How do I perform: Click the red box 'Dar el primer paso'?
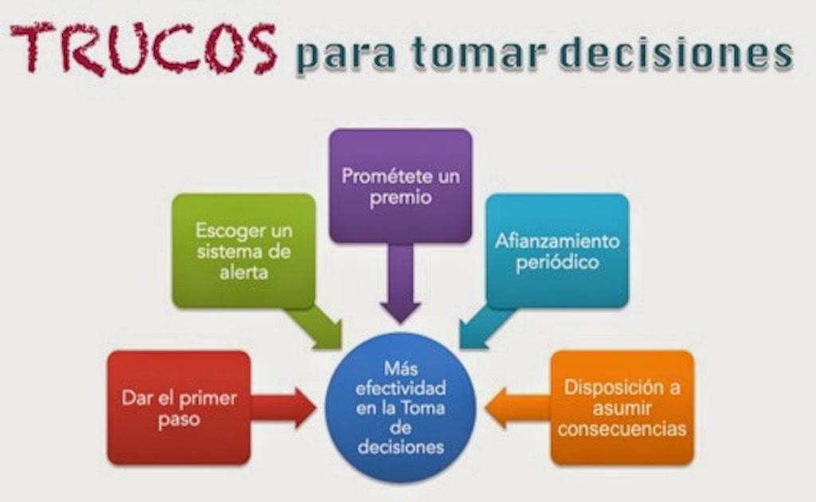pyautogui.click(x=178, y=408)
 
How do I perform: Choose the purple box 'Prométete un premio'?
pyautogui.click(x=401, y=185)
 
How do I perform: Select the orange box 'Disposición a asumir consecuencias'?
pyautogui.click(x=621, y=408)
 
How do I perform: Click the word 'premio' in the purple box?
pyautogui.click(x=401, y=196)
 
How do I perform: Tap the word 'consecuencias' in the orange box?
pyautogui.click(x=622, y=428)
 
